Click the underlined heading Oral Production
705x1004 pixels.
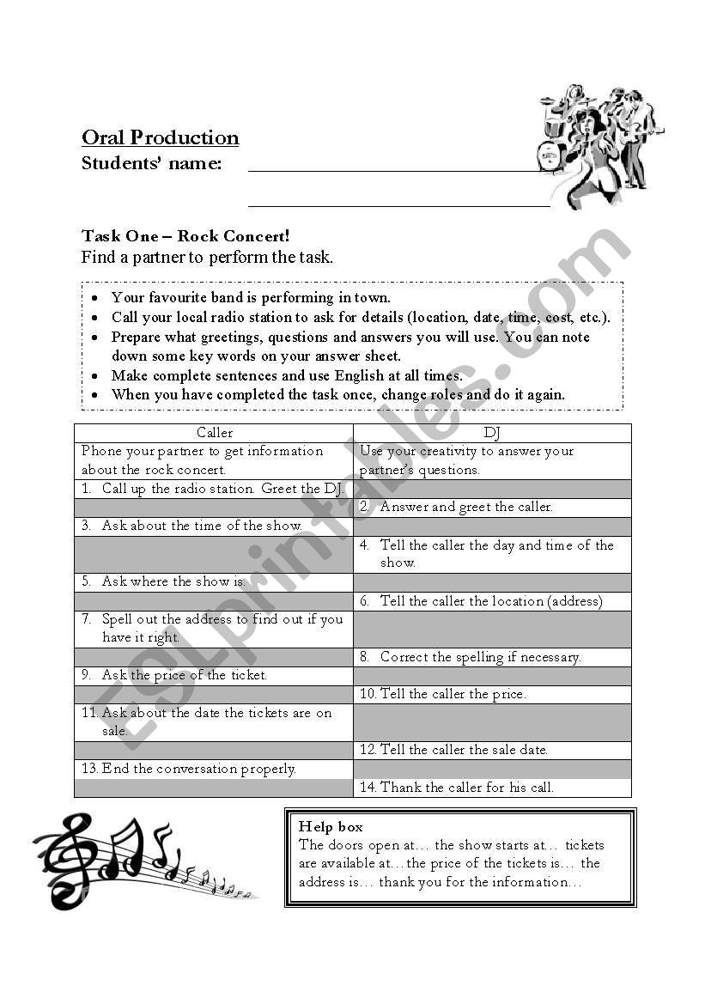tap(160, 137)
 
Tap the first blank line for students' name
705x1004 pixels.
tap(395, 170)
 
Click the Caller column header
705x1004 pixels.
tap(214, 433)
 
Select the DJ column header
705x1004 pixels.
tap(491, 433)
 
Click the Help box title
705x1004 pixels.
tap(331, 826)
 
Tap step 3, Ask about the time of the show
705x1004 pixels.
tap(202, 526)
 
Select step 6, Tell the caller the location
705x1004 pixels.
tap(491, 601)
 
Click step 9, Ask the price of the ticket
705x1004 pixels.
tap(184, 675)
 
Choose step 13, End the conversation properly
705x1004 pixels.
tap(198, 769)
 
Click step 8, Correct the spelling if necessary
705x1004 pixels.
tap(480, 657)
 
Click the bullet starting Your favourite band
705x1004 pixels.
tap(251, 298)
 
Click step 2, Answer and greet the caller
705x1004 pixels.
tap(465, 507)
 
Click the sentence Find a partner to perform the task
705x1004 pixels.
tap(207, 257)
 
